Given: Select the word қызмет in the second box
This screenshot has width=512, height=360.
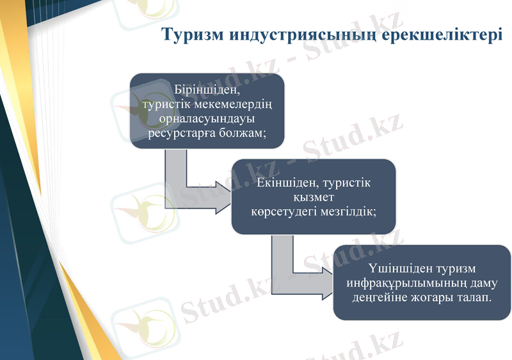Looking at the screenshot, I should click(x=313, y=197).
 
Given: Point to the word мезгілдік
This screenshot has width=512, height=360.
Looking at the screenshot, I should click(x=349, y=211).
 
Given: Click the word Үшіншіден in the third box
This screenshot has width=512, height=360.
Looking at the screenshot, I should click(x=401, y=268).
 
